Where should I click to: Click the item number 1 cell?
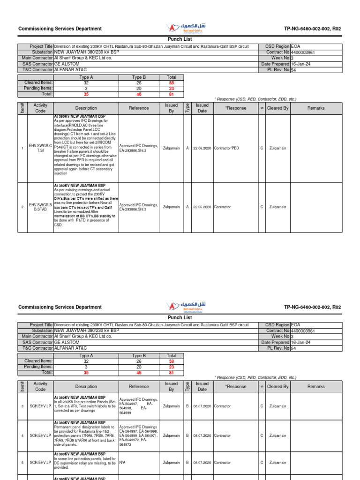click(x=22, y=148)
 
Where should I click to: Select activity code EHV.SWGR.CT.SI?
click(x=40, y=148)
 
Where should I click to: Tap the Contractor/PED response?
click(x=226, y=148)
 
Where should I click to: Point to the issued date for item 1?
click(x=202, y=148)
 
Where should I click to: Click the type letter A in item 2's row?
click(x=187, y=207)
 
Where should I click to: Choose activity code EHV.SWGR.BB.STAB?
click(x=40, y=207)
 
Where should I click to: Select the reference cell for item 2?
click(x=139, y=207)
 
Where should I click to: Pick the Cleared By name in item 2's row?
click(x=278, y=207)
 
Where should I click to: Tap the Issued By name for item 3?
click(x=171, y=406)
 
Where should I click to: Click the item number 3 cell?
click(x=22, y=406)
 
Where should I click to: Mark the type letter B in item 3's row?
click(x=187, y=406)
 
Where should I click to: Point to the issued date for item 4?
click(x=202, y=435)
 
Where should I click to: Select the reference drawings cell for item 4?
click(x=139, y=435)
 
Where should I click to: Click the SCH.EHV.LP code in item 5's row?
click(x=40, y=463)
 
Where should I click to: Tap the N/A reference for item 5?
click(x=122, y=463)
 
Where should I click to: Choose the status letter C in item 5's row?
click(x=262, y=463)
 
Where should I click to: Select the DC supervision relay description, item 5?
click(x=86, y=463)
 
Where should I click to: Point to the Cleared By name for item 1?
click(x=278, y=148)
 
